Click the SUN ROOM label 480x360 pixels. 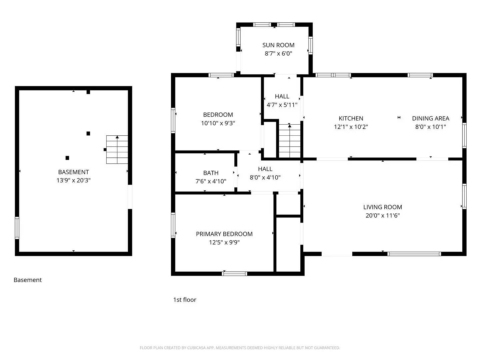click(x=278, y=45)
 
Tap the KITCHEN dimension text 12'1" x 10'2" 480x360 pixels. click(x=351, y=127)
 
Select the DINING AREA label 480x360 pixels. click(x=430, y=118)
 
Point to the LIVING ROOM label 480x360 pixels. click(x=382, y=207)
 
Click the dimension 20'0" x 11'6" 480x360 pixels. click(x=382, y=215)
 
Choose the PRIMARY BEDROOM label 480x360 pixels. click(x=224, y=234)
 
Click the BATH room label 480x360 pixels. click(x=211, y=173)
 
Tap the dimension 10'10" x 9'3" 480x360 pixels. click(x=218, y=123)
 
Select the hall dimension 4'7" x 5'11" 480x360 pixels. click(x=282, y=105)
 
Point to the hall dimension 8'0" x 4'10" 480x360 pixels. click(x=265, y=177)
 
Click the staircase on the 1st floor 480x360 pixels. click(x=289, y=141)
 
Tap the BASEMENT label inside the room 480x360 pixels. click(x=73, y=172)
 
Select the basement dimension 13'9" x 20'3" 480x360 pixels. click(x=73, y=180)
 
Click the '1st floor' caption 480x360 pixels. click(x=185, y=300)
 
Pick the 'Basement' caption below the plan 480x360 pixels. click(x=28, y=280)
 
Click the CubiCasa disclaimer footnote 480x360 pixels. click(x=240, y=348)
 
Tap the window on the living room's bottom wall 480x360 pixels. click(x=414, y=254)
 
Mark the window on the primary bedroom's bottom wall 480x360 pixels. click(x=234, y=274)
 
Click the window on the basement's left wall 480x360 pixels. click(x=17, y=228)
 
